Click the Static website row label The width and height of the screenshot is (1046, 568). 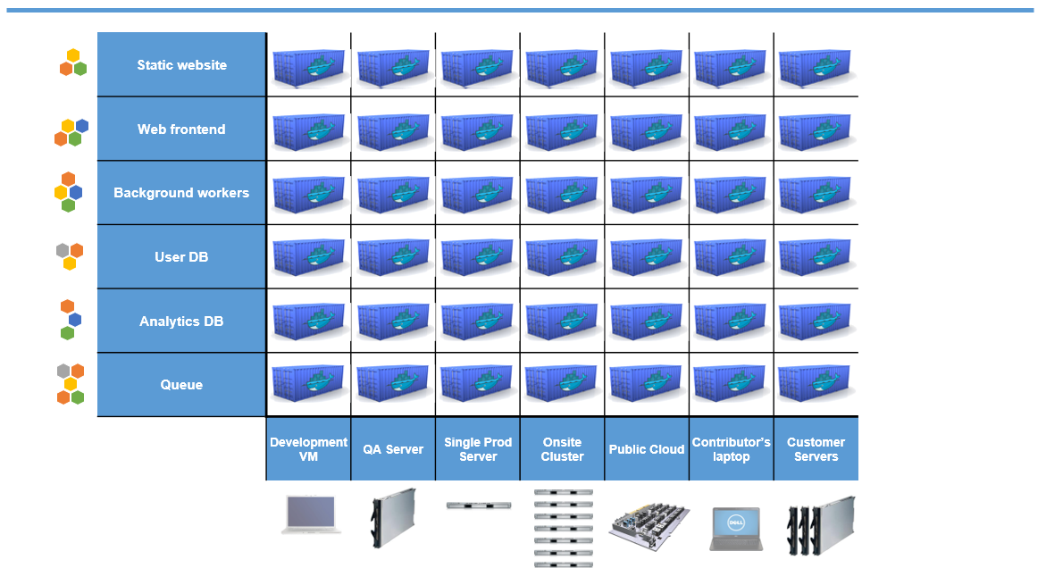181,65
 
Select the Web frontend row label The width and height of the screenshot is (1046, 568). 181,129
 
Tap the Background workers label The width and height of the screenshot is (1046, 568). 181,193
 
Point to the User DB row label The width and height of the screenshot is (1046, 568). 181,257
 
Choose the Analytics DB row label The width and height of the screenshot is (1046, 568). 181,322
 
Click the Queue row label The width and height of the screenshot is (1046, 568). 181,385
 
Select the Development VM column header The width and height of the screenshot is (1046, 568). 308,449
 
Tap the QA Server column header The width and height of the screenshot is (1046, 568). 393,449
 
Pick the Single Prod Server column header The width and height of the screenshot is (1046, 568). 478,449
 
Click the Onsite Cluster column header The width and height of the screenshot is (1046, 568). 562,449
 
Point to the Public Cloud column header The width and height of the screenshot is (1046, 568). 647,449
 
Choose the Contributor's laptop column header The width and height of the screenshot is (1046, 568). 731,449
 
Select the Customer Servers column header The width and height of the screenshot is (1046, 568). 816,449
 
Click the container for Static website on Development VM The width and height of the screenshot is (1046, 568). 308,67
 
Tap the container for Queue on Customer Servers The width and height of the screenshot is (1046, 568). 814,386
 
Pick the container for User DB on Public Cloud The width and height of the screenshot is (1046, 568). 646,258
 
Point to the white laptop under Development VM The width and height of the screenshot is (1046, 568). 311,515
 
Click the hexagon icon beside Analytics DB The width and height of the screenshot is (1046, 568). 70,320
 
